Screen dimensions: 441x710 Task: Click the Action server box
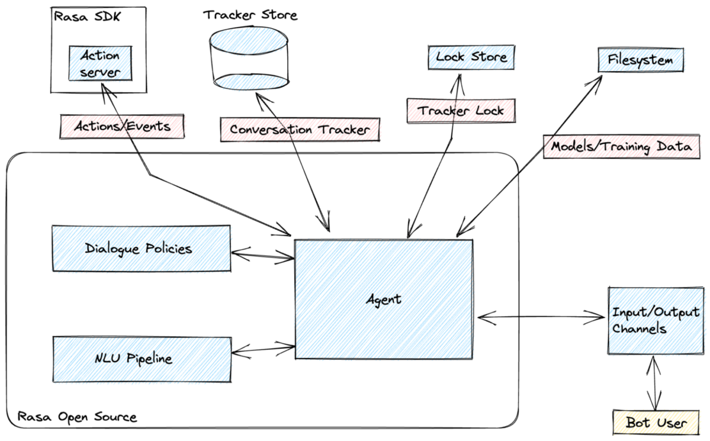tap(100, 63)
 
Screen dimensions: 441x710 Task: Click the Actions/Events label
tap(123, 126)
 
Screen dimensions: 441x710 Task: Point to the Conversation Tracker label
tap(299, 129)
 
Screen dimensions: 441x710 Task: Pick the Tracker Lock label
tap(461, 110)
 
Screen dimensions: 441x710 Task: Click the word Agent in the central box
tap(384, 298)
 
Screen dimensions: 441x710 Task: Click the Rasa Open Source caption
tap(77, 417)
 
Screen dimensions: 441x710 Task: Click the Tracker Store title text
tap(250, 14)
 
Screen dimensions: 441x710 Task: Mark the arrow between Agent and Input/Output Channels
tap(541, 316)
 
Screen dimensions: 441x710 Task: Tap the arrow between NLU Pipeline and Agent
tap(262, 350)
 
